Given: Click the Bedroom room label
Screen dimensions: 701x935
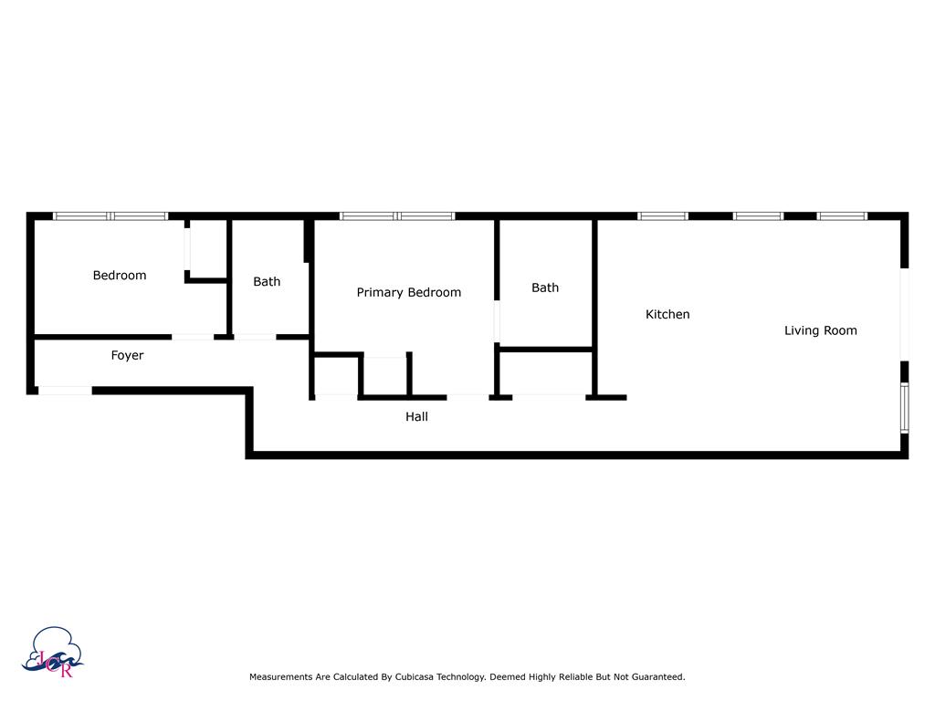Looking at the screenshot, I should (x=120, y=276).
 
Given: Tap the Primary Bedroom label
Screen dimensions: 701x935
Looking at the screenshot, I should (x=408, y=293).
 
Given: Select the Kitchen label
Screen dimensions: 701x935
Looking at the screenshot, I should (x=667, y=315).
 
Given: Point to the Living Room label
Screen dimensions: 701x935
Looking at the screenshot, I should (x=820, y=330).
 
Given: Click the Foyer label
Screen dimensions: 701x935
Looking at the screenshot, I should (x=127, y=356).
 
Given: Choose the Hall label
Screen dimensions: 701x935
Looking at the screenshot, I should (x=416, y=417).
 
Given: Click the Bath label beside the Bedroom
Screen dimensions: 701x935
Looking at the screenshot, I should (x=267, y=282).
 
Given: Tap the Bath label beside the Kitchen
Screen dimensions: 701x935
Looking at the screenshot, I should (x=545, y=288).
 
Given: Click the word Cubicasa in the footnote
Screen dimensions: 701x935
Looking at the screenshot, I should (x=416, y=677).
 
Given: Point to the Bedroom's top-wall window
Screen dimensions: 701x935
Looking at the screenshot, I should (x=110, y=216).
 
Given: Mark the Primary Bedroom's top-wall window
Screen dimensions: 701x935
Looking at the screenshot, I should (x=397, y=216).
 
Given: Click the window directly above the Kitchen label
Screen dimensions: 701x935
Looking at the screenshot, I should (x=663, y=216).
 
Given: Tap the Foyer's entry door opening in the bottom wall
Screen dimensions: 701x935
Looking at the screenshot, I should (x=65, y=391).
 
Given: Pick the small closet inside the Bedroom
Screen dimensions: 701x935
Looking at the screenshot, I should (x=206, y=248).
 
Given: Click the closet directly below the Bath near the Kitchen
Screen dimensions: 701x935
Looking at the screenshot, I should (x=546, y=372).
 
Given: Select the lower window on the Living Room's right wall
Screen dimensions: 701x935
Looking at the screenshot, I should (x=904, y=407).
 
